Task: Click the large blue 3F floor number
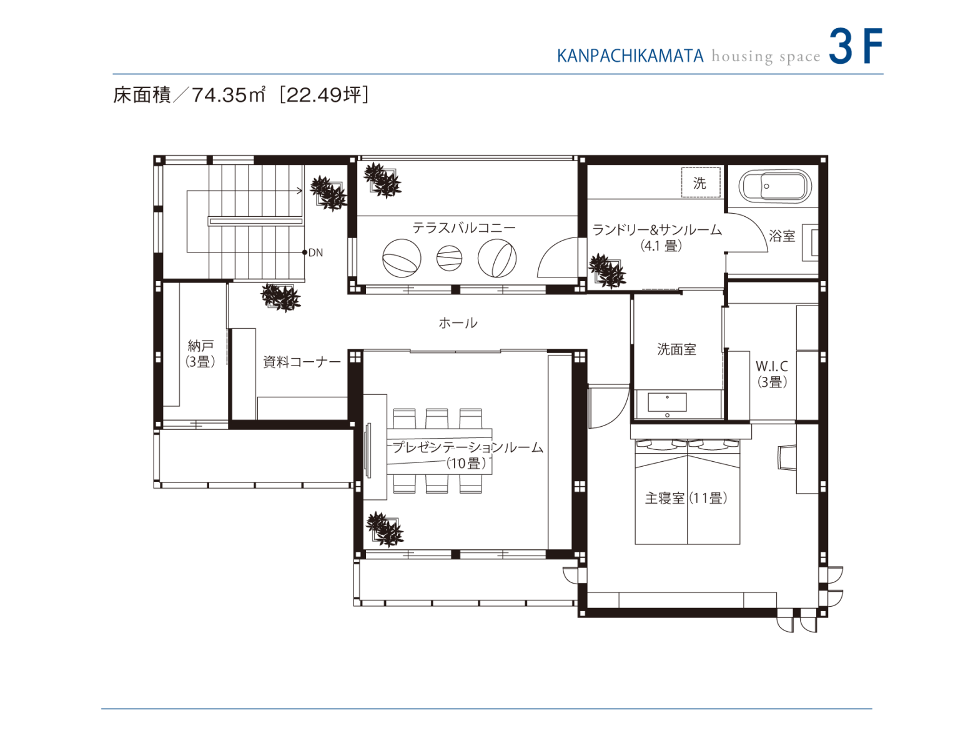coord(855,46)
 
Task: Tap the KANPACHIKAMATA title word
coord(630,56)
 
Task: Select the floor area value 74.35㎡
coord(228,95)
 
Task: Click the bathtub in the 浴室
coord(774,186)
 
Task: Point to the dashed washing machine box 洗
coord(700,182)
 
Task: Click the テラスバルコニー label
coord(463,228)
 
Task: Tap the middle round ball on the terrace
coord(449,257)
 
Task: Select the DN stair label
coord(315,253)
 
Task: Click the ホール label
coord(458,323)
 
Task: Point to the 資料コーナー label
coord(302,362)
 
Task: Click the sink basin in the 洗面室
coord(667,402)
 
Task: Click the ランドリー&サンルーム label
coord(657,231)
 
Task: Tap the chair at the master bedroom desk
coord(786,457)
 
